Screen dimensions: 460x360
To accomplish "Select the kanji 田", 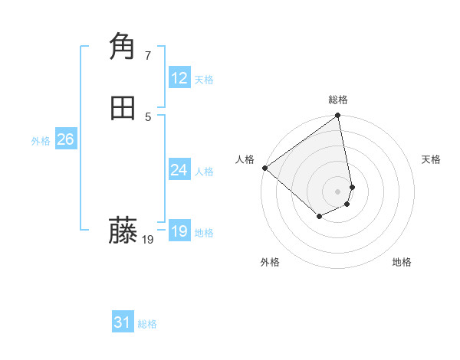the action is (123, 109).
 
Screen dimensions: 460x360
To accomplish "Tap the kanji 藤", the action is (123, 231).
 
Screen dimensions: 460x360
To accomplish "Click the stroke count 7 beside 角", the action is (148, 55).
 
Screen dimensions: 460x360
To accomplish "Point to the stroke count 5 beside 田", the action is (148, 116).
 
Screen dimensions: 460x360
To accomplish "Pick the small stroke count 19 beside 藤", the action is (148, 240).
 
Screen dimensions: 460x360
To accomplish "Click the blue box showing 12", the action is (179, 78).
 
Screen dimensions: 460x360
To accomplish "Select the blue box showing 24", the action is (179, 170).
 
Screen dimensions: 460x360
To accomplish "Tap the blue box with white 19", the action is (179, 231).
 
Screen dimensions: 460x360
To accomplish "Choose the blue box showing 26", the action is (66, 139).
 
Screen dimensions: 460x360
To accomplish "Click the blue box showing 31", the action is (123, 322).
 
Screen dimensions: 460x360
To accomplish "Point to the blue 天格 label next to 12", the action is (204, 80).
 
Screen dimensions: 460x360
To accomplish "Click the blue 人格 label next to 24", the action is (204, 172).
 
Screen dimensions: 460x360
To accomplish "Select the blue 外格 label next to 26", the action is (41, 141).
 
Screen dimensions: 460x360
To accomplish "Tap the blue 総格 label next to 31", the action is (147, 324).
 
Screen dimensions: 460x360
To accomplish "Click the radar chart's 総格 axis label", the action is (338, 100).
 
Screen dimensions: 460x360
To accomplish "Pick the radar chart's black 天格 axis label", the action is (432, 159).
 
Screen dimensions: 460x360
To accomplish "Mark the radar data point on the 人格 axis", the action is (264, 168).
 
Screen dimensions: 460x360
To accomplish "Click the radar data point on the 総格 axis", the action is (338, 116).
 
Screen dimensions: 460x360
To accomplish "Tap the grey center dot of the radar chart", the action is (338, 191).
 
